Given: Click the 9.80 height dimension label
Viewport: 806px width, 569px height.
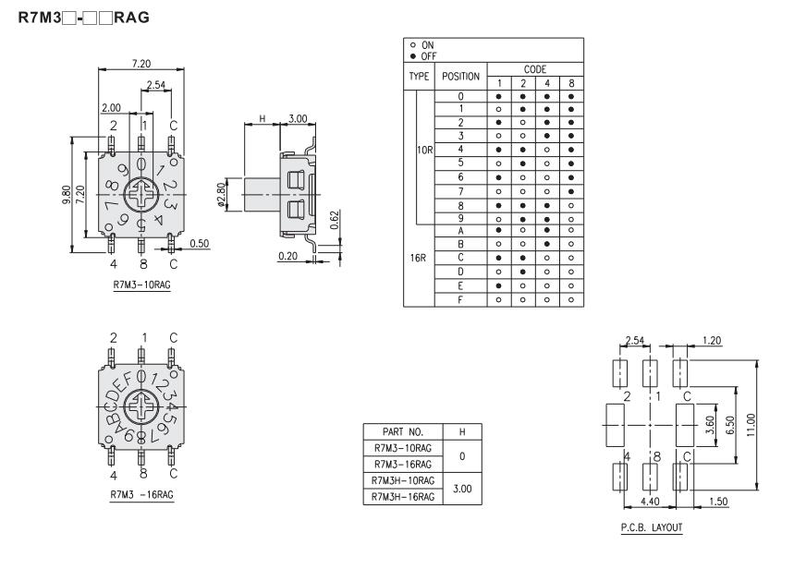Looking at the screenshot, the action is pyautogui.click(x=66, y=195).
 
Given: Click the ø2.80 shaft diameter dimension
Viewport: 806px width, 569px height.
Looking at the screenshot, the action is pyautogui.click(x=221, y=195).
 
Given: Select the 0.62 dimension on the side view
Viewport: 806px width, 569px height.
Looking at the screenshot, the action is pyautogui.click(x=335, y=220).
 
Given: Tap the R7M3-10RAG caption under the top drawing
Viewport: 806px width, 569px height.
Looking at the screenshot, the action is pyautogui.click(x=141, y=285).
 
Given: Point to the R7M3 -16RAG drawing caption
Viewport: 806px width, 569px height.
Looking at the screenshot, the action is pyautogui.click(x=141, y=494).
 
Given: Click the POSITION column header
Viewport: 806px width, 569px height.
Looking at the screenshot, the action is pyautogui.click(x=460, y=77).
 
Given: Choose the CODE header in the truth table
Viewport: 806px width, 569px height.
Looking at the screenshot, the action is pyautogui.click(x=534, y=69).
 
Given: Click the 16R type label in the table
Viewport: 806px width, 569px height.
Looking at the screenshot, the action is pyautogui.click(x=418, y=258).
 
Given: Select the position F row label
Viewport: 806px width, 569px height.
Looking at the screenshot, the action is pyautogui.click(x=460, y=299).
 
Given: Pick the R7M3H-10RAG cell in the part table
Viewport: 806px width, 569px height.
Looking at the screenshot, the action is pyautogui.click(x=403, y=480).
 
